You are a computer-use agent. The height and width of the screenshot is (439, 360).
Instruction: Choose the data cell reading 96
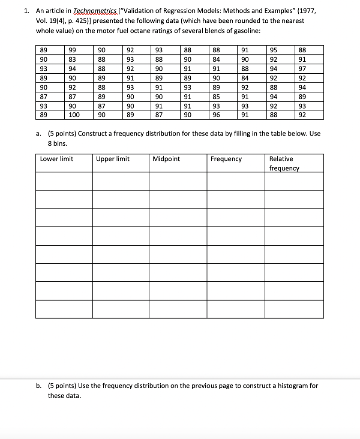(x=217, y=114)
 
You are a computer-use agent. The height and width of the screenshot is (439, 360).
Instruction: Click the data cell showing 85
(x=217, y=96)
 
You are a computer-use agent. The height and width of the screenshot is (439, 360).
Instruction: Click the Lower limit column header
(x=57, y=159)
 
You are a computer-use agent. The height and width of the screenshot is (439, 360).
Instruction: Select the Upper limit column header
(x=113, y=159)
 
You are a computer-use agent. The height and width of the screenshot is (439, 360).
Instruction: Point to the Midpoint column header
(x=166, y=159)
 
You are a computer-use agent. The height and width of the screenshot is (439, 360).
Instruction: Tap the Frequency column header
(x=226, y=159)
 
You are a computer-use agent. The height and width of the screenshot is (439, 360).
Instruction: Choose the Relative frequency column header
(x=284, y=163)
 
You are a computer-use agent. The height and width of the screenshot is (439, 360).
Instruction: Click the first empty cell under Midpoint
(x=178, y=181)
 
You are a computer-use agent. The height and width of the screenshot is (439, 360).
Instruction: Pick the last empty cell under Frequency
(x=236, y=309)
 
